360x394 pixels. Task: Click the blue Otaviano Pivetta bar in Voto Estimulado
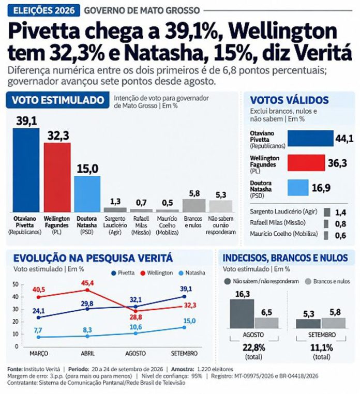click(26, 170)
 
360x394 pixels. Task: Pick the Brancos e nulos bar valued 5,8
click(194, 206)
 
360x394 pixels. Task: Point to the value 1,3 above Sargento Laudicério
click(115, 202)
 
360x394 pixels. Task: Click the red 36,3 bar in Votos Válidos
click(306, 162)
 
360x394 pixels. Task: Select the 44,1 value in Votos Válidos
click(344, 139)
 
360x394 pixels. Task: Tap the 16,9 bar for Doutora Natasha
click(298, 188)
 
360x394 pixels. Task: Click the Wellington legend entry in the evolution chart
click(157, 273)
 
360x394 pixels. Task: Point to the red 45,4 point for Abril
click(87, 290)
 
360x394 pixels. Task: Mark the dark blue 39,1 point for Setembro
click(184, 297)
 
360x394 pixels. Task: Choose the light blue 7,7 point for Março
click(38, 337)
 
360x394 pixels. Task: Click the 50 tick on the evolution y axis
click(17, 284)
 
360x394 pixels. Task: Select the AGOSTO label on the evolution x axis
click(136, 353)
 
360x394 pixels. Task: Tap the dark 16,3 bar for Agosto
click(242, 313)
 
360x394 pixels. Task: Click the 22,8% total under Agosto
click(253, 348)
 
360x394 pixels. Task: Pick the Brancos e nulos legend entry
click(327, 281)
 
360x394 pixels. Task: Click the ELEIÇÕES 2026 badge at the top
click(44, 10)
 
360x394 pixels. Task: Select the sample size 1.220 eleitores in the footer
click(215, 369)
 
